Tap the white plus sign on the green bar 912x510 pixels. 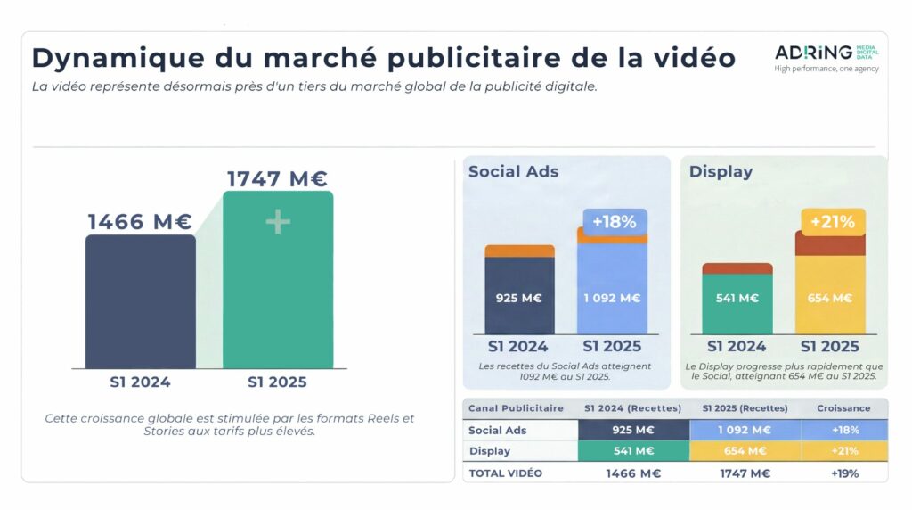click(278, 222)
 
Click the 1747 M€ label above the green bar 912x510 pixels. click(278, 178)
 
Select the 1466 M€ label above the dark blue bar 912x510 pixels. click(140, 222)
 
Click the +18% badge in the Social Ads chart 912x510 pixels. click(615, 221)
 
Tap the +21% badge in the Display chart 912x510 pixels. click(831, 221)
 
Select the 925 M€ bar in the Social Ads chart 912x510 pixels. click(519, 297)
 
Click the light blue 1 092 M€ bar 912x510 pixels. click(612, 297)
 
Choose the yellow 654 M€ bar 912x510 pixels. click(830, 297)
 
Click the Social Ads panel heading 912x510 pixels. click(513, 171)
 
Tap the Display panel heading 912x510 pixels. click(721, 171)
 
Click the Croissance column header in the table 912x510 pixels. click(844, 408)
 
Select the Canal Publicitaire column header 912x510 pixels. click(517, 408)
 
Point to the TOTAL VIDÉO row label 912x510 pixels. click(506, 473)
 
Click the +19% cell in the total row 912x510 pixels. click(844, 473)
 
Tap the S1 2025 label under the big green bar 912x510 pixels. click(277, 382)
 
